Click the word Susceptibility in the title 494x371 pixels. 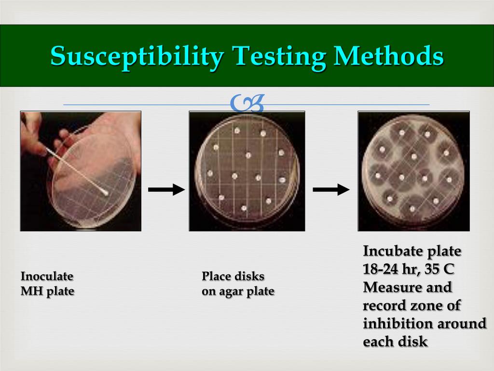(137, 57)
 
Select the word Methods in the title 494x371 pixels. (389, 57)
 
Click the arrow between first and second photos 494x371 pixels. (166, 189)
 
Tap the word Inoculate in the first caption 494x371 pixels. (47, 277)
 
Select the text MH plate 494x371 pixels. (47, 292)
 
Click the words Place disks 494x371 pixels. (233, 277)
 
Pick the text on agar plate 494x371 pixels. (238, 292)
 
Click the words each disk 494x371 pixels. (395, 342)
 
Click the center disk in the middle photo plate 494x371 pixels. (248, 156)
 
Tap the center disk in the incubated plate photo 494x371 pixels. (414, 156)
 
